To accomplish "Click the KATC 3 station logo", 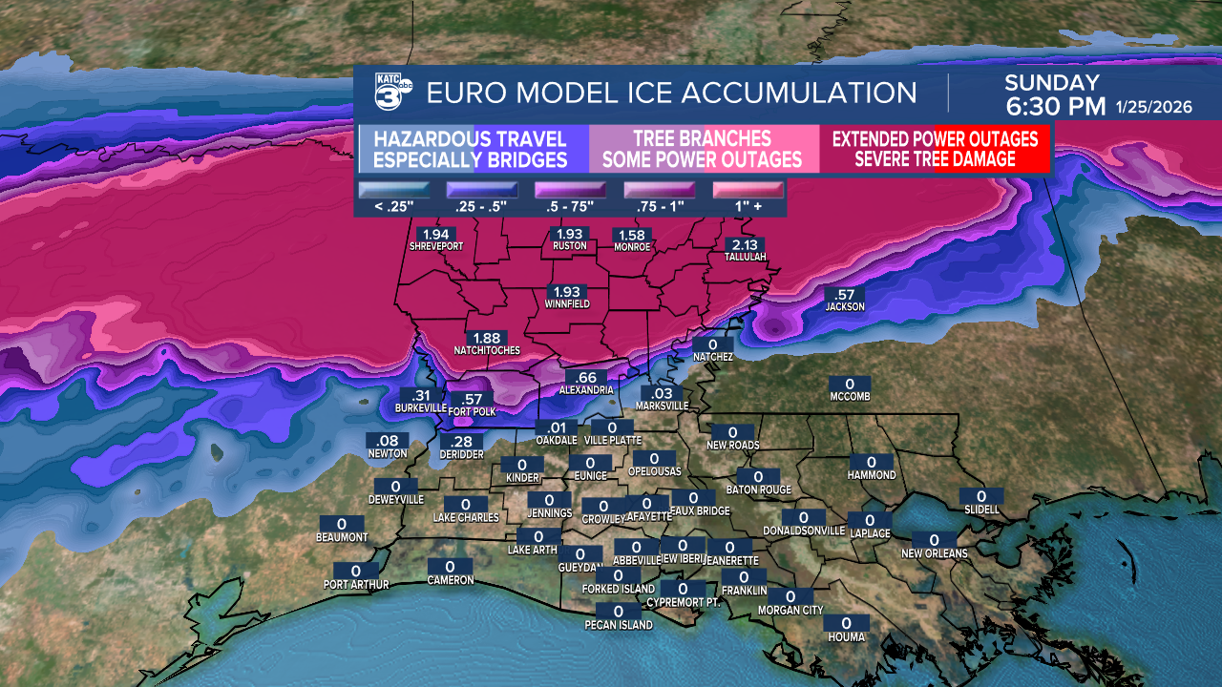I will (x=392, y=94).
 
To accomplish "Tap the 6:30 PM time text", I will (x=1055, y=106).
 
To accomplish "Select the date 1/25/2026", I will (x=1153, y=108).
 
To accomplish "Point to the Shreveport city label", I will (x=436, y=246).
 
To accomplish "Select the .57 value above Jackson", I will (x=845, y=295).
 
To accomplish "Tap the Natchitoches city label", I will (x=487, y=350).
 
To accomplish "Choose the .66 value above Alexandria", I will (x=586, y=378).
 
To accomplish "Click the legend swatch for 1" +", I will (x=748, y=190).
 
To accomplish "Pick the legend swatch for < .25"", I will (x=393, y=190).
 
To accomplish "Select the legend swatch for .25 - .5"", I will (x=482, y=190).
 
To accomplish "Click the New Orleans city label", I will (x=935, y=553).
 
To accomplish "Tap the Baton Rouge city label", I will (x=759, y=489).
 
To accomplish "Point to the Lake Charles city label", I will (x=466, y=517).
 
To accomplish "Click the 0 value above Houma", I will (x=846, y=624).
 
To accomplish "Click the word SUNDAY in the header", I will (x=1052, y=83).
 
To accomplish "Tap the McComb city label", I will (x=850, y=396).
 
